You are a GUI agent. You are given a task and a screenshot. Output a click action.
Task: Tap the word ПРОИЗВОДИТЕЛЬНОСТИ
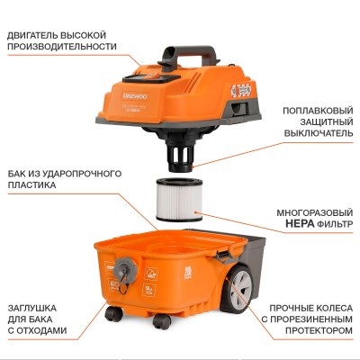click(62, 46)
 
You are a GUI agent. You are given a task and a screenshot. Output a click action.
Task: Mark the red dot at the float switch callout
click(191, 165)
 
